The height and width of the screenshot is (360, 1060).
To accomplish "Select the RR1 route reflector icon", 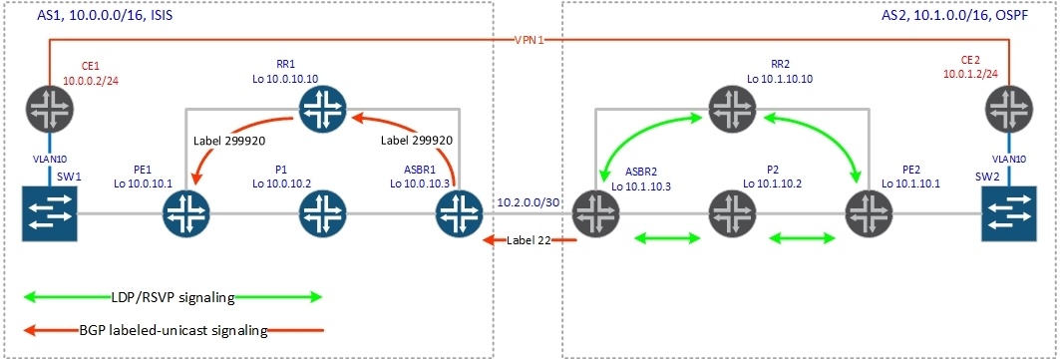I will (319, 111).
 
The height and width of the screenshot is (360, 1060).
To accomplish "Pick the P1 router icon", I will (319, 212).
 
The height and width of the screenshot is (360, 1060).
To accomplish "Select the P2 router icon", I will (732, 212).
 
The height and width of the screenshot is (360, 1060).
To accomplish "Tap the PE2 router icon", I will (869, 212).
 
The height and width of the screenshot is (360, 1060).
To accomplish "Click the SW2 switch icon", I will (1008, 212).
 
